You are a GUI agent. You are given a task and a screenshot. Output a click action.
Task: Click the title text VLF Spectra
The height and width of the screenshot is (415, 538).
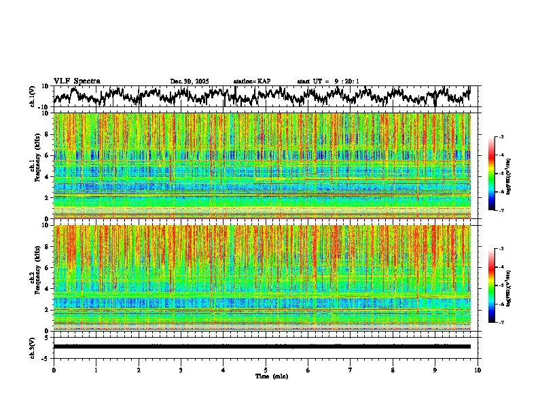pos(77,81)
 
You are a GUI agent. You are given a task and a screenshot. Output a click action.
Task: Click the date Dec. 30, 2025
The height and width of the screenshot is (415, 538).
pos(190,81)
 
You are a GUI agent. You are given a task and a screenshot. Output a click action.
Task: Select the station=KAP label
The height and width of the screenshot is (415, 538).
pos(252,81)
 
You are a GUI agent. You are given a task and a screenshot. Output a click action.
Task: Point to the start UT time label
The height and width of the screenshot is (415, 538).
pos(328,81)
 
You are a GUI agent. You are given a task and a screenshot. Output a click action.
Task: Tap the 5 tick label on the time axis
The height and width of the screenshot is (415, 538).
pos(266,370)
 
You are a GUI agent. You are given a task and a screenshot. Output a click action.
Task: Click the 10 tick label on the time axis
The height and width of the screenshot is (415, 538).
pos(478,370)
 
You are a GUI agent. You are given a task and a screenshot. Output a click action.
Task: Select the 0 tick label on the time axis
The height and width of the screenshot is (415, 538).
pos(54,370)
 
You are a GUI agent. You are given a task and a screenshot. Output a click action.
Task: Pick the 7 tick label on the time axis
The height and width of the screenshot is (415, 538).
pos(351,370)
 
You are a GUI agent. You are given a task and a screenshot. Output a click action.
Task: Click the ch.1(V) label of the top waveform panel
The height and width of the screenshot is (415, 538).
pos(33,96)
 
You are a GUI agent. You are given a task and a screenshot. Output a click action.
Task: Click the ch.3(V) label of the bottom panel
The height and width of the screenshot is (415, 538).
pos(33,346)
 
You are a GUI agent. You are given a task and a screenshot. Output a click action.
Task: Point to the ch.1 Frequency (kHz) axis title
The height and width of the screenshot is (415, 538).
pos(34,165)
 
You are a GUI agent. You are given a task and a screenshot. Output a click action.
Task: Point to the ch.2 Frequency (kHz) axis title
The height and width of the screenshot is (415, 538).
pos(34,277)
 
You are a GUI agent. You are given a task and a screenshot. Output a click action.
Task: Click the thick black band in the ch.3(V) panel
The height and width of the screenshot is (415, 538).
pos(266,347)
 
